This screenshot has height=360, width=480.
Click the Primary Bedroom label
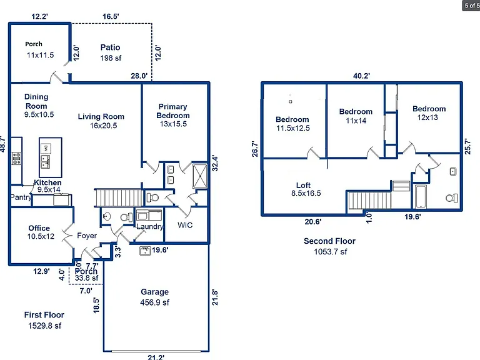click(173, 111)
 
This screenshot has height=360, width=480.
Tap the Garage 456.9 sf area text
click(154, 302)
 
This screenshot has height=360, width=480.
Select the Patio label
click(110, 47)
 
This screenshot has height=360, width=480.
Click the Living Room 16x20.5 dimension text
click(104, 126)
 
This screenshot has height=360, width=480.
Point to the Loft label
click(303, 185)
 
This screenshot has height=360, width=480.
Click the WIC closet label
click(185, 225)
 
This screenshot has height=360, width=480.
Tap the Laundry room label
click(150, 226)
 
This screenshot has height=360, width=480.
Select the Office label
click(39, 228)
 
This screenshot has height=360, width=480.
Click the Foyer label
click(87, 236)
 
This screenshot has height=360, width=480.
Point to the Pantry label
click(21, 197)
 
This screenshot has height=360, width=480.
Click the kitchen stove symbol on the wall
click(16, 158)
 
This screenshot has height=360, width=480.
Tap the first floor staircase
click(119, 197)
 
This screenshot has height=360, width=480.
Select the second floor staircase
click(369, 200)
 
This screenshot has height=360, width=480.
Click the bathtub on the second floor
click(421, 196)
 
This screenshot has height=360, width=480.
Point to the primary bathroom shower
click(200, 176)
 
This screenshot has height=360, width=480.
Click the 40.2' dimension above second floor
click(361, 76)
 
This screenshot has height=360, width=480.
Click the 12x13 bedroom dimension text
click(427, 117)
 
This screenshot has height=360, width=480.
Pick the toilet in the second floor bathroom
click(452, 197)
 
